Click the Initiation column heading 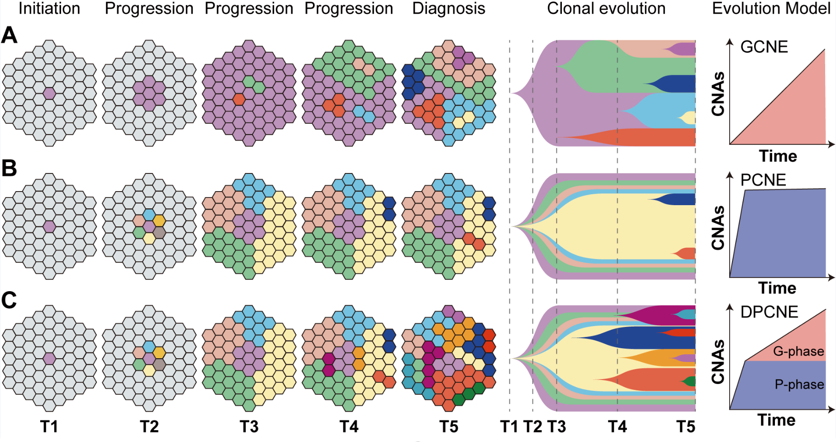[49, 9]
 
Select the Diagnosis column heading [448, 9]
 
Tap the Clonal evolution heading [606, 9]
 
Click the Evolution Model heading [771, 9]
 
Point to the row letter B [9, 168]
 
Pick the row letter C [9, 300]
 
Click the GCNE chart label [764, 47]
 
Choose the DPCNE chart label [769, 312]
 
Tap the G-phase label [798, 351]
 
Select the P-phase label [799, 384]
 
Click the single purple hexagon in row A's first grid [49, 93]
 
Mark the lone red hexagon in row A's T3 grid [239, 99]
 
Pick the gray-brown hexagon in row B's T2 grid [159, 233]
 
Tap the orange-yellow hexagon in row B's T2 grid [159, 221]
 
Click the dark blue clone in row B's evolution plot [679, 199]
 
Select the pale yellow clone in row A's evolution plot [689, 118]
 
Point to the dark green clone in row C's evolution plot [690, 382]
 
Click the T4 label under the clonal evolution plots [617, 427]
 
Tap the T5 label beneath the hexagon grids [449, 427]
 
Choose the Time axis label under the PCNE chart [777, 288]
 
